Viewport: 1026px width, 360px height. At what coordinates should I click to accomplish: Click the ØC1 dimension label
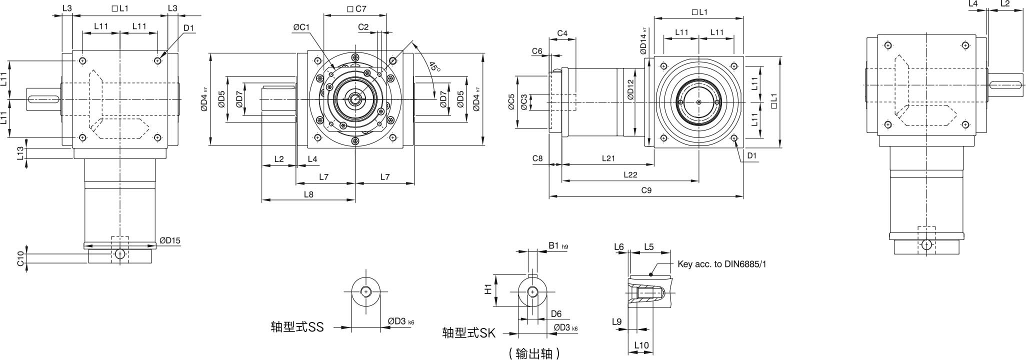pyautogui.click(x=301, y=27)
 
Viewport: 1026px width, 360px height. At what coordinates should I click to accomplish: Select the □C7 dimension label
pyautogui.click(x=356, y=8)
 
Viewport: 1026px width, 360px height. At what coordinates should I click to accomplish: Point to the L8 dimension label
pyautogui.click(x=308, y=194)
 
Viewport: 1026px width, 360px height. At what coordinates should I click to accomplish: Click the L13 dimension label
pyautogui.click(x=20, y=153)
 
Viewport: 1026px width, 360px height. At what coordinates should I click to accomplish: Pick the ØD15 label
pyautogui.click(x=170, y=240)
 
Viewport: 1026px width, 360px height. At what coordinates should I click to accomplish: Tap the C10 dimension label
pyautogui.click(x=20, y=259)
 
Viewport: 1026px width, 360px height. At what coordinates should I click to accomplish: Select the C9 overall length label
pyautogui.click(x=646, y=190)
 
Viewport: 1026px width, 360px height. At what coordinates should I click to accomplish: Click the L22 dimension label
pyautogui.click(x=630, y=174)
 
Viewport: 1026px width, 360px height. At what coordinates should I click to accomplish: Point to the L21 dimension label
pyautogui.click(x=608, y=158)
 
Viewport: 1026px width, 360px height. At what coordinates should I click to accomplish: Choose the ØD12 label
pyautogui.click(x=630, y=90)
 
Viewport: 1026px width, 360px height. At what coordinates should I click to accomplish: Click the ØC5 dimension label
pyautogui.click(x=511, y=102)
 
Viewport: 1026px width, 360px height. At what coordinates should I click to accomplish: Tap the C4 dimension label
pyautogui.click(x=562, y=33)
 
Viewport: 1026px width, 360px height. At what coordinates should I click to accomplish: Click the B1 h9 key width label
pyautogui.click(x=558, y=245)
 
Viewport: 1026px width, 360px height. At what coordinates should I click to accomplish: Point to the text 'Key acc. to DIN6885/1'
pyautogui.click(x=721, y=264)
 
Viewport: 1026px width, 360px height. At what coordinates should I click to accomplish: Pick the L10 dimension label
pyautogui.click(x=641, y=345)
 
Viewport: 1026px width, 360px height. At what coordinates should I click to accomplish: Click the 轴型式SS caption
pyautogui.click(x=297, y=327)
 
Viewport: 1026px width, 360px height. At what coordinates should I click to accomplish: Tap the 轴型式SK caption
pyautogui.click(x=468, y=333)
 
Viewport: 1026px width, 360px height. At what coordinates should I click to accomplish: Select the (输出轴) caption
pyautogui.click(x=534, y=353)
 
